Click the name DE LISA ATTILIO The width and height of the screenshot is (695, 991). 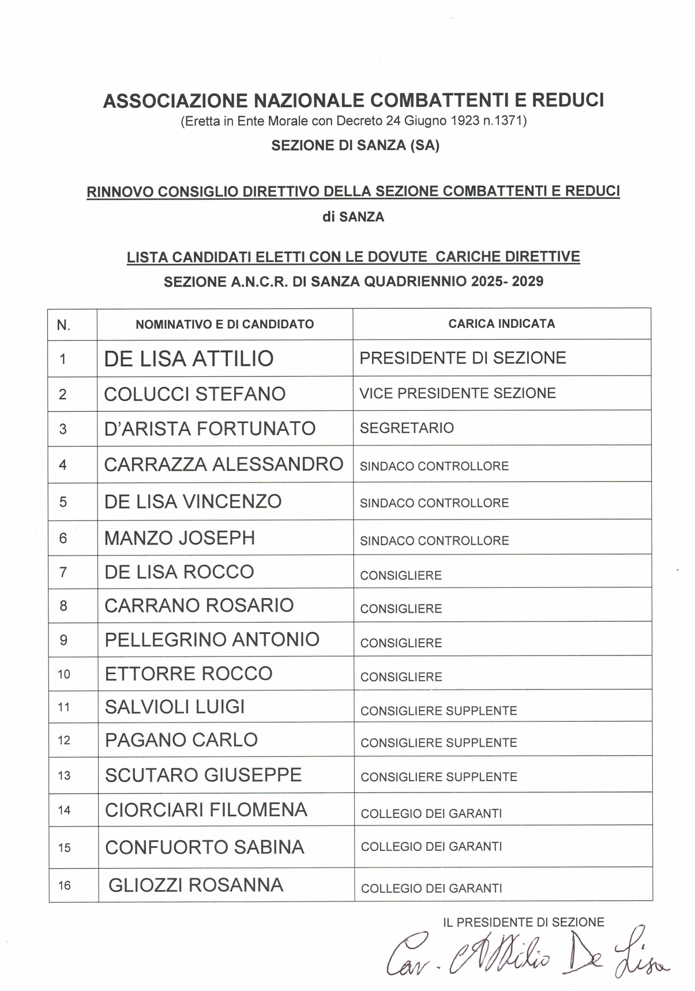pos(189,359)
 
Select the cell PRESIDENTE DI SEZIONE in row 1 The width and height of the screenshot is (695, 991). pos(463,358)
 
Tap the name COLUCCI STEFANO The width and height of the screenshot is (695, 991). pos(194,394)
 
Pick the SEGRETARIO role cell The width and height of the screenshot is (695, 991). pos(407,428)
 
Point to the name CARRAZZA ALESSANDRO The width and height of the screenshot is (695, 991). pos(223,464)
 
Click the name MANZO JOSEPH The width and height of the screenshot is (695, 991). pos(179,538)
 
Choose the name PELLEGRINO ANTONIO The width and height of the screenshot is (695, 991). pos(212,640)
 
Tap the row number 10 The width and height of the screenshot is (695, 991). pos(64,674)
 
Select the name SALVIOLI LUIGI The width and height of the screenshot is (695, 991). pos(175,707)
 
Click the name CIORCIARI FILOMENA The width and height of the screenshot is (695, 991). pos(206,810)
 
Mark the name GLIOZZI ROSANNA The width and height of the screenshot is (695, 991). pos(196,885)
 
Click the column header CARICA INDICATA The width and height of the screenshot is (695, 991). pos(501,324)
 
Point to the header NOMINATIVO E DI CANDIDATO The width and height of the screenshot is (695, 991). pos(224,324)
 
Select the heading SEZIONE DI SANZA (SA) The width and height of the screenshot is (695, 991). pos(355,145)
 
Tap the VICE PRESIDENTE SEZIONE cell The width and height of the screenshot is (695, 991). pos(457,393)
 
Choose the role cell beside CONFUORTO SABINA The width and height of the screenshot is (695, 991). pos(431,846)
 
